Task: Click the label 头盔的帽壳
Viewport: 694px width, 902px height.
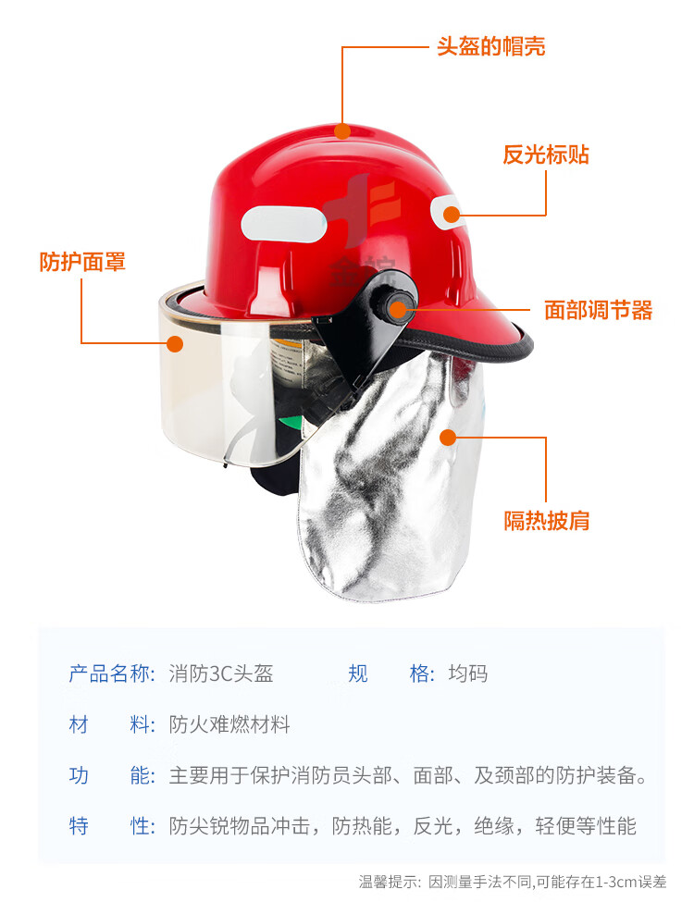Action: pos(490,46)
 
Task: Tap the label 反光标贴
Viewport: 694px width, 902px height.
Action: pos(546,154)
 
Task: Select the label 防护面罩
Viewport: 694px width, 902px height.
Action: pos(82,262)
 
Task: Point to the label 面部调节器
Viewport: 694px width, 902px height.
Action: pos(598,310)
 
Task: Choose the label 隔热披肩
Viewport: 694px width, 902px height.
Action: pos(547,521)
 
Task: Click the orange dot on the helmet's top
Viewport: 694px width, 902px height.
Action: pos(342,131)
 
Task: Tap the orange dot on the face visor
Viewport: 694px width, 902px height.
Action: pos(175,344)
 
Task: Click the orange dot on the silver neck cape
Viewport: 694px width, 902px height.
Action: pos(448,438)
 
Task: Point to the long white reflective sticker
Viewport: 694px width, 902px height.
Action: pos(284,225)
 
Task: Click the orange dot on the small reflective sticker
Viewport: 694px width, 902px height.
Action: pos(452,215)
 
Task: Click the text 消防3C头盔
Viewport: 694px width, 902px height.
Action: pos(221,673)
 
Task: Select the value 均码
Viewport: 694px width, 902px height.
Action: pos(468,673)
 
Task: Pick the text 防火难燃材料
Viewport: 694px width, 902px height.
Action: pos(229,724)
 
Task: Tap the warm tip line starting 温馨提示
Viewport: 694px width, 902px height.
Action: pos(512,882)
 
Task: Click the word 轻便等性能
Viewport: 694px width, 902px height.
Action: pos(585,826)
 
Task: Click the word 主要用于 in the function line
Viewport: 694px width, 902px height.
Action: pos(209,775)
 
